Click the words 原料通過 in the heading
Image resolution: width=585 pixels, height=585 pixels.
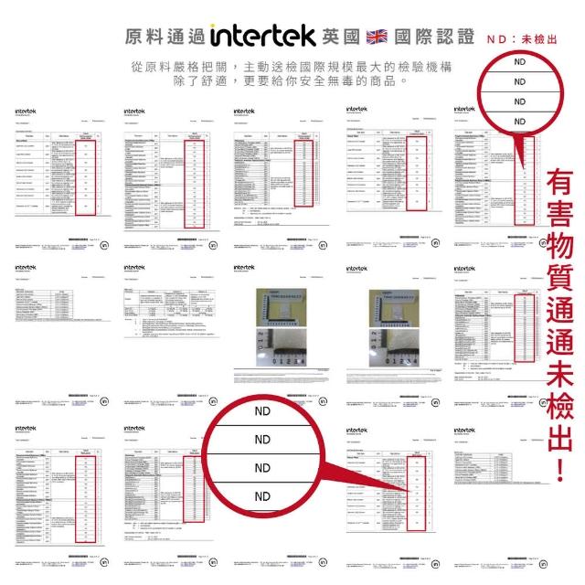(163, 36)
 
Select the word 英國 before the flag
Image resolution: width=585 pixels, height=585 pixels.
(343, 37)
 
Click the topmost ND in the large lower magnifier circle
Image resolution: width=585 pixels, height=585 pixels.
(263, 411)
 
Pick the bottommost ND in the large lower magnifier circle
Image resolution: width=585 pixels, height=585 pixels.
(263, 496)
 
